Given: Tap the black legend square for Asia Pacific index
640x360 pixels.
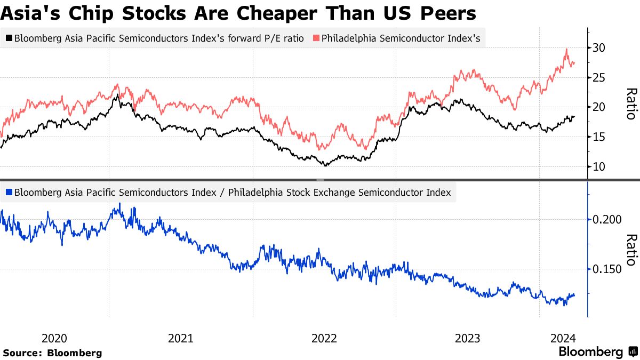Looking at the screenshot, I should (x=9, y=38).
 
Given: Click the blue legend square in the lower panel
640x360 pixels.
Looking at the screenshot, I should (x=9, y=192).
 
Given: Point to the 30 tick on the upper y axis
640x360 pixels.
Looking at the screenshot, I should (x=599, y=48).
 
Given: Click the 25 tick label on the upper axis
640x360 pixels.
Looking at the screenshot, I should (x=599, y=78).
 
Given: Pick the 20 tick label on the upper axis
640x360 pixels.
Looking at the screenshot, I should (x=599, y=107).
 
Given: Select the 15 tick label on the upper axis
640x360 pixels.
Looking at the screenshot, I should (x=599, y=137).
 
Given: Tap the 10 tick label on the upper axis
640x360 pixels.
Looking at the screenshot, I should (x=599, y=167).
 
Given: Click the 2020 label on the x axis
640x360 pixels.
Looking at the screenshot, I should (x=54, y=338).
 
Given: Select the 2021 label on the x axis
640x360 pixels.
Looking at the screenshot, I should (x=181, y=338).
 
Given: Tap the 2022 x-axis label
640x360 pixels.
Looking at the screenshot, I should (x=324, y=338).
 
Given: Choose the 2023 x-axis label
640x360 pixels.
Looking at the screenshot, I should (x=468, y=338).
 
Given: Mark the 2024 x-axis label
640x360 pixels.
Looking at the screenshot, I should (x=563, y=338).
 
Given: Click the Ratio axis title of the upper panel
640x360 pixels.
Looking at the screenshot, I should (x=631, y=104).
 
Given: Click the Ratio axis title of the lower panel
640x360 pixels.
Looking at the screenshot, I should (x=631, y=250).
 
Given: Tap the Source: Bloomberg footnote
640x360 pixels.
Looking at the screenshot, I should (x=52, y=353).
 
